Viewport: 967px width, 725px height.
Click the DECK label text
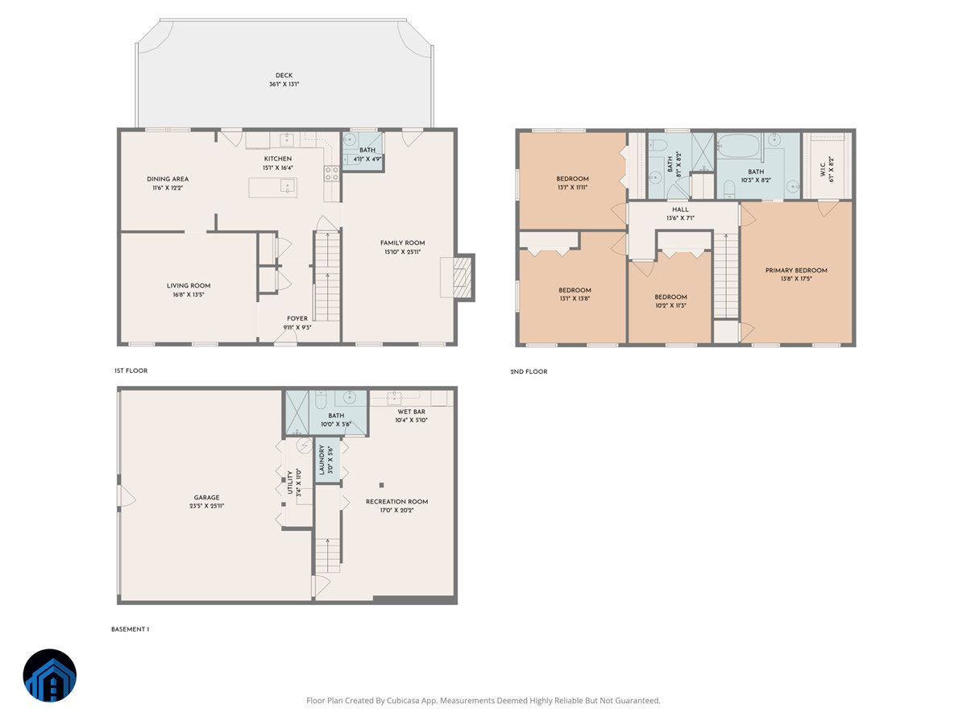click(x=284, y=75)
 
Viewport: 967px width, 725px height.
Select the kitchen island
click(x=272, y=187)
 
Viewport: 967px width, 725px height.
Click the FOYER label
click(x=297, y=318)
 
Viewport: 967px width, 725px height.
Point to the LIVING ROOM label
click(x=189, y=285)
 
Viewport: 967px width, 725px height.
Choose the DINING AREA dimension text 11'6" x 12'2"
click(x=168, y=188)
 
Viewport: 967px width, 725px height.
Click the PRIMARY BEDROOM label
click(x=796, y=271)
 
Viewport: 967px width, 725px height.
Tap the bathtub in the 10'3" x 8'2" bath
click(x=739, y=147)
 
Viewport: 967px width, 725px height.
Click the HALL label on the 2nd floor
click(x=680, y=209)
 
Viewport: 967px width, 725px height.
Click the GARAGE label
click(x=206, y=497)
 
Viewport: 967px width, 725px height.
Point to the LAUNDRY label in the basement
click(x=322, y=459)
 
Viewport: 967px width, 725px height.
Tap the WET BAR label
click(x=411, y=412)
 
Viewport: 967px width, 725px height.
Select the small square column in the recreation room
click(x=382, y=485)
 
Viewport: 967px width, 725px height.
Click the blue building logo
click(x=50, y=675)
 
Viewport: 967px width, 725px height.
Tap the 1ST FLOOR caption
click(x=131, y=371)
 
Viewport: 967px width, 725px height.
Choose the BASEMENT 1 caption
click(x=130, y=629)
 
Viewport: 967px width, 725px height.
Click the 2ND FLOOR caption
click(x=529, y=371)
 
